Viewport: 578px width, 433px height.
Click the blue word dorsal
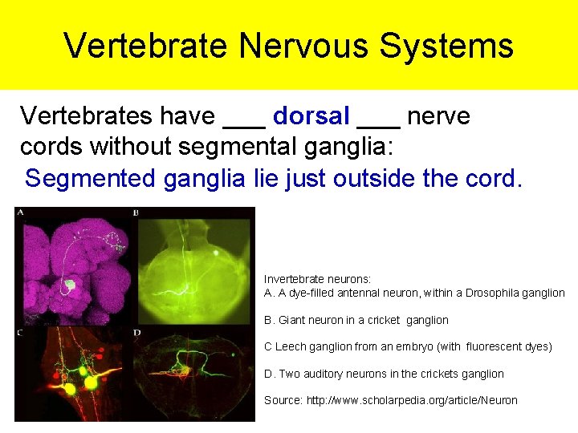pyautogui.click(x=311, y=116)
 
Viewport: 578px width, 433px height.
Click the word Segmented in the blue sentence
pyautogui.click(x=91, y=178)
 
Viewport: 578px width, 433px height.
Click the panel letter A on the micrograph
pyautogui.click(x=20, y=212)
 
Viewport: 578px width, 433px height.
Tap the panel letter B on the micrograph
pyautogui.click(x=136, y=213)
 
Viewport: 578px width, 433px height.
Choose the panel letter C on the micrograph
pyautogui.click(x=19, y=332)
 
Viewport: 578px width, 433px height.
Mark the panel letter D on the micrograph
pyautogui.click(x=136, y=332)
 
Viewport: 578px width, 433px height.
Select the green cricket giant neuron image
pyautogui.click(x=195, y=265)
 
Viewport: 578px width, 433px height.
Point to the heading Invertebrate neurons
pyautogui.click(x=318, y=279)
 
